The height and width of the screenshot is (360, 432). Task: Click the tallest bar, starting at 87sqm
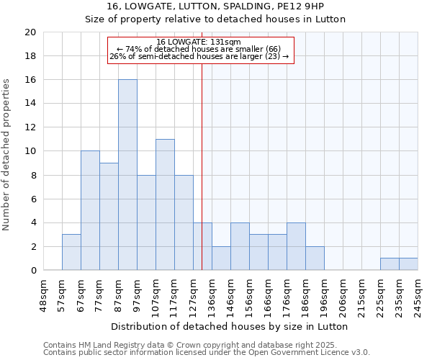pyautogui.click(x=127, y=175)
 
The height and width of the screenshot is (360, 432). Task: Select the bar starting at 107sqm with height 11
pyautogui.click(x=165, y=204)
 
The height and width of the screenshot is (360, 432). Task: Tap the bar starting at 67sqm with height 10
pyautogui.click(x=90, y=210)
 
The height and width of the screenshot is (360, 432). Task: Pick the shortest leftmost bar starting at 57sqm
pyautogui.click(x=71, y=252)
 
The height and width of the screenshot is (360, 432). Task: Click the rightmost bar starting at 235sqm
pyautogui.click(x=408, y=264)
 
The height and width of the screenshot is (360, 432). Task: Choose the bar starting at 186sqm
pyautogui.click(x=315, y=258)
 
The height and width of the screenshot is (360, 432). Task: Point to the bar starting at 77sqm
pyautogui.click(x=109, y=217)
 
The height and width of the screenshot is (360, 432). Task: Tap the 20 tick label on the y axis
pyautogui.click(x=30, y=32)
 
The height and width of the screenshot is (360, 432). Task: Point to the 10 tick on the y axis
pyautogui.click(x=30, y=151)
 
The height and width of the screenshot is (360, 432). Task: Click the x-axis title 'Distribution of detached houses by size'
pyautogui.click(x=230, y=326)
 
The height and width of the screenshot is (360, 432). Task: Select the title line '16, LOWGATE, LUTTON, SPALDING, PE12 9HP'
pyautogui.click(x=215, y=6)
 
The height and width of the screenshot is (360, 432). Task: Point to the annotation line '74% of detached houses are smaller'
pyautogui.click(x=201, y=49)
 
